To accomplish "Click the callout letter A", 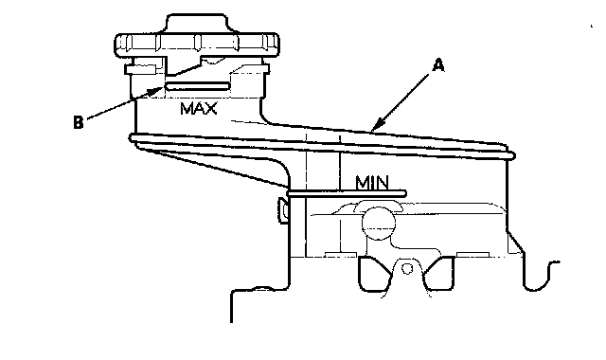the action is pos(437,65).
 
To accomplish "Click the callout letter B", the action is pos(78,122).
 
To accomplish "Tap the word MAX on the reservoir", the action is pos(199,108).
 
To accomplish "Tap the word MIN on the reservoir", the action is pos(372,183).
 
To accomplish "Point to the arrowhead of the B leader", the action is pos(158,91).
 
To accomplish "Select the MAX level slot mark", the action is pos(198,86).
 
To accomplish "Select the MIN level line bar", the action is pos(347,193).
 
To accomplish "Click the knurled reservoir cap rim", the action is pos(197,45).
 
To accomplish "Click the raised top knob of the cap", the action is pos(196,24).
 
